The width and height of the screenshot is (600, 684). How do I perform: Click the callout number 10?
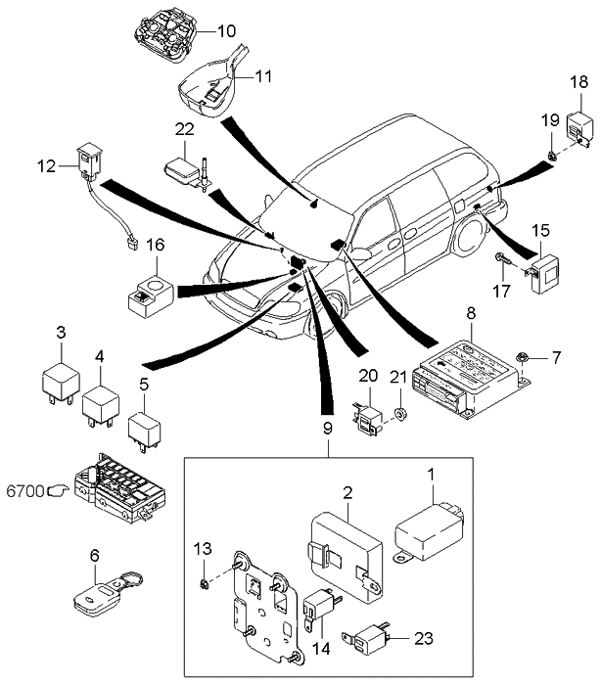227,31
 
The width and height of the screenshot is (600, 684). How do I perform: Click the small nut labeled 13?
203,584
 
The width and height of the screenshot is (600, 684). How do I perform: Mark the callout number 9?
327,428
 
